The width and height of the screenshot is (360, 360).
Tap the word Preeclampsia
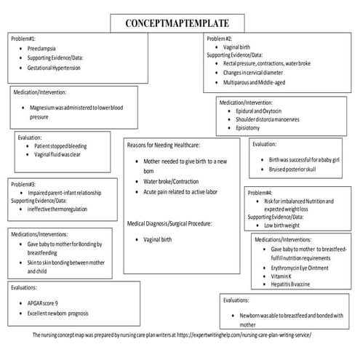pos(42,47)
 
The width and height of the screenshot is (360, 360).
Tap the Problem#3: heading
pos(23,184)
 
